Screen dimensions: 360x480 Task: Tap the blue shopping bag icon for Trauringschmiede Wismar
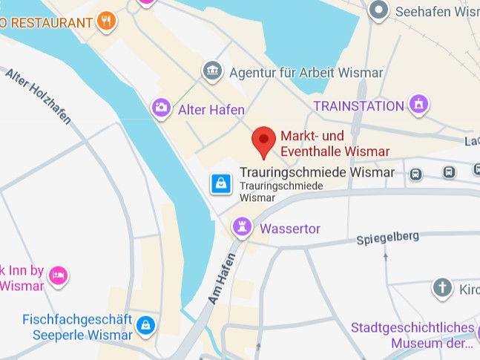(x=220, y=183)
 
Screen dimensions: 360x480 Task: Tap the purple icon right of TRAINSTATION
(x=419, y=105)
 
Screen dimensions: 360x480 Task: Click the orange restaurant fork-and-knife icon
(x=108, y=22)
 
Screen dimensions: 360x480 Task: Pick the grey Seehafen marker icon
(x=379, y=10)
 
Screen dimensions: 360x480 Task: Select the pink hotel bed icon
(x=58, y=277)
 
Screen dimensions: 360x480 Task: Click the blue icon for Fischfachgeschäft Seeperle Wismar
(x=146, y=325)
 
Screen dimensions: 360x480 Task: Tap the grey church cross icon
(x=443, y=288)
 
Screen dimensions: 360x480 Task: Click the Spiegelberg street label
(x=387, y=238)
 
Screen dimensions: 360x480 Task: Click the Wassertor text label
(x=290, y=229)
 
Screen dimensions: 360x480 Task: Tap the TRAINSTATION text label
(x=358, y=106)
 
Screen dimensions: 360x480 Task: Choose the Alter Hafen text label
(x=211, y=110)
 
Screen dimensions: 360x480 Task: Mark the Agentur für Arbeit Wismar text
(x=306, y=73)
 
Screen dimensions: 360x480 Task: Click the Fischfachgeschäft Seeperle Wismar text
(x=77, y=327)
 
